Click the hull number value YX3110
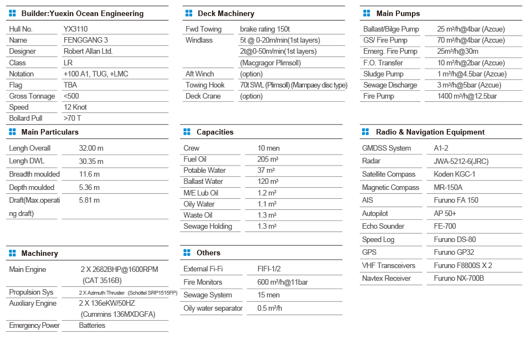75,29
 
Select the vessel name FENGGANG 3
86,40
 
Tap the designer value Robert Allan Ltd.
88,51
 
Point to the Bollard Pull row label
26,118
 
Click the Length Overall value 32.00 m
91,148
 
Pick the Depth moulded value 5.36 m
90,187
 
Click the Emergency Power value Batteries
92,325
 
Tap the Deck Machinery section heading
226,13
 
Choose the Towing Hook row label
205,85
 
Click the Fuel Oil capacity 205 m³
268,159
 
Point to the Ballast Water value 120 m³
268,181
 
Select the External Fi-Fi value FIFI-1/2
269,269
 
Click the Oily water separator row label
213,308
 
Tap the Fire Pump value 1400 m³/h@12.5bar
467,96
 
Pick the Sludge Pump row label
383,74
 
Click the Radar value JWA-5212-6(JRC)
461,161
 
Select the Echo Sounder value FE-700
445,226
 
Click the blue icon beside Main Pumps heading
366,13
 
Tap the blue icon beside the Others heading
187,253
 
